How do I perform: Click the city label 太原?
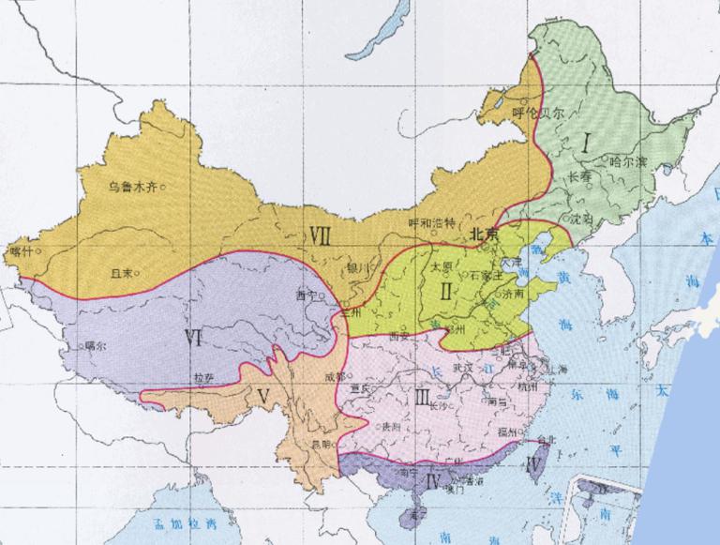(x=442, y=266)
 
